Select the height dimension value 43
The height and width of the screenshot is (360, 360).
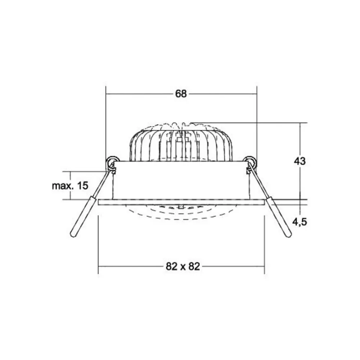tap(300, 161)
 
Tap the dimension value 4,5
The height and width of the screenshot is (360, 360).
tap(300, 222)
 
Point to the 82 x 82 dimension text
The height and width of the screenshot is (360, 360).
tap(183, 266)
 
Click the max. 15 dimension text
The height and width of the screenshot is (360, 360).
tap(70, 186)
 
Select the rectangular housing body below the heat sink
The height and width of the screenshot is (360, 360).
tap(180, 180)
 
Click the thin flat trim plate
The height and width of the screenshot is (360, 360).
tap(182, 202)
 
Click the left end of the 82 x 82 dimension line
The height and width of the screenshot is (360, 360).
tap(99, 266)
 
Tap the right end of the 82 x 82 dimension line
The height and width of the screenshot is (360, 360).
tap(264, 266)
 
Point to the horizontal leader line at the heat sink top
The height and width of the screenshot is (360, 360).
tap(252, 123)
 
